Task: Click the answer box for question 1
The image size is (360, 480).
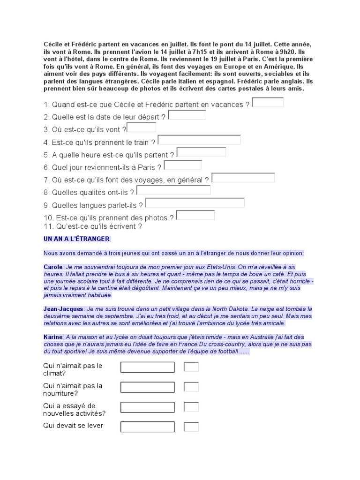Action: (x=268, y=102)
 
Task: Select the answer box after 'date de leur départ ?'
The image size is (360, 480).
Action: (x=187, y=115)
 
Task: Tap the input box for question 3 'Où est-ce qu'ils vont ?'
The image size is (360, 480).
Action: (x=142, y=127)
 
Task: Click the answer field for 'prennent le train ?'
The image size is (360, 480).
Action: (x=199, y=140)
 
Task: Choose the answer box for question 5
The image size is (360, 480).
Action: (x=201, y=152)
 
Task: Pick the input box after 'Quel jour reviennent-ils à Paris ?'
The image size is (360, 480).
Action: (x=183, y=165)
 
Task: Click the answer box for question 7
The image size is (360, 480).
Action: (x=243, y=178)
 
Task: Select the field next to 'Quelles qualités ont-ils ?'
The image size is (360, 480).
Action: (x=173, y=190)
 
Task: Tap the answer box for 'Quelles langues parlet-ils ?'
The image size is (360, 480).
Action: (x=195, y=202)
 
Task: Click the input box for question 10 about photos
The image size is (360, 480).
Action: (x=195, y=215)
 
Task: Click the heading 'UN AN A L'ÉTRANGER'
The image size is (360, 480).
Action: (x=76, y=239)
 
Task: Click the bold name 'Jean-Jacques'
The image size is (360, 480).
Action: (x=64, y=309)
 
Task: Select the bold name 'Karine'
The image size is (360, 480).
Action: (x=52, y=337)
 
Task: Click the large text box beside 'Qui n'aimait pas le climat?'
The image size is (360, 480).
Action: (x=147, y=367)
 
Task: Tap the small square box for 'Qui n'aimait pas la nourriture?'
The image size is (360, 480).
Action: (x=191, y=387)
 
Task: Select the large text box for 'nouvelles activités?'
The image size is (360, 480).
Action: (x=147, y=407)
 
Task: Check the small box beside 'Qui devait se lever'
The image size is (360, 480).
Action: (x=191, y=427)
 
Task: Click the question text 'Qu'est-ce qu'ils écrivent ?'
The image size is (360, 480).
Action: (x=93, y=226)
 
